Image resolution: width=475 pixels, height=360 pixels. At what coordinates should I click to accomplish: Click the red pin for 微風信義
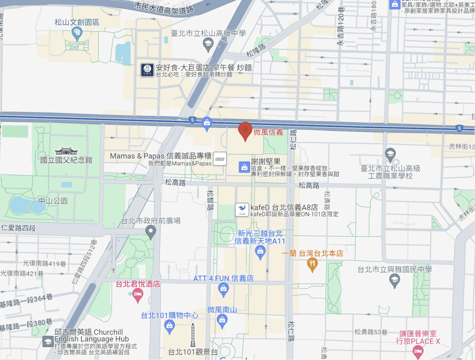[x=245, y=131]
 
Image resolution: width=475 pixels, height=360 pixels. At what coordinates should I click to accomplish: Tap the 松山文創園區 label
[x=77, y=22]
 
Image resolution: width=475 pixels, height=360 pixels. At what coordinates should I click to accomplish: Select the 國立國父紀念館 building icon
[x=66, y=151]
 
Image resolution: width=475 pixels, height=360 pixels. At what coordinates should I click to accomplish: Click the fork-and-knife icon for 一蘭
[x=312, y=264]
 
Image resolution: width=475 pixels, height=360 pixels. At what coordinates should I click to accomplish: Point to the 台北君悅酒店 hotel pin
[x=138, y=295]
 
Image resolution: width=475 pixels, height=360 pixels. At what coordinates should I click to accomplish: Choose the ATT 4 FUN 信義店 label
[x=223, y=278]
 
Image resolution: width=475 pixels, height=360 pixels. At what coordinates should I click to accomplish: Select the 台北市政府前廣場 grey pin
[x=151, y=231]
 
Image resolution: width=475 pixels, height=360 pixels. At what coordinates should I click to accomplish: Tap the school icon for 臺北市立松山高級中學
[x=208, y=43]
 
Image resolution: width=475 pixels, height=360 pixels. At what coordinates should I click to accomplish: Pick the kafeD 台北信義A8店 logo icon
[x=241, y=209]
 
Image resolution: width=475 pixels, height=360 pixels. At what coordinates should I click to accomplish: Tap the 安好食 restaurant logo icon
[x=147, y=70]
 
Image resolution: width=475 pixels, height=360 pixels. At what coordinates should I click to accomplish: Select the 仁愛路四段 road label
[x=18, y=228]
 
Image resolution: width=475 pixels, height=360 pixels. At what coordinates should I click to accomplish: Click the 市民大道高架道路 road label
[x=164, y=7]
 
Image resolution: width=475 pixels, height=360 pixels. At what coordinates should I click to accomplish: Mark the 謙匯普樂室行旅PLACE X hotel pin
[x=417, y=351]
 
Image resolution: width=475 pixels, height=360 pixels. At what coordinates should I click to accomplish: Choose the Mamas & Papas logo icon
[x=219, y=159]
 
